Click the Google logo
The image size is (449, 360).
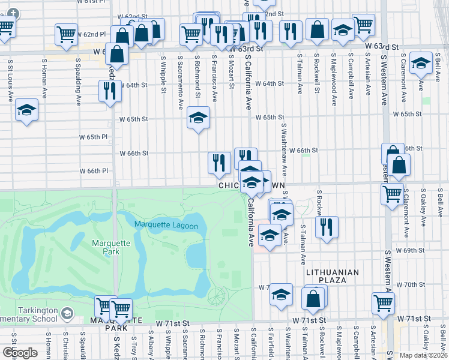tap(20, 353)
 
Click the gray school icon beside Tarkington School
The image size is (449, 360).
tap(67, 313)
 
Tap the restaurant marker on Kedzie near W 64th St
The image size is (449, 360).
tap(110, 91)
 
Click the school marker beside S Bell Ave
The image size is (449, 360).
tap(421, 63)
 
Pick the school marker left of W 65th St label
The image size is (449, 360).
tap(198, 118)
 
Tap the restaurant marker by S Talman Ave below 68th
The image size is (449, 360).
tap(327, 227)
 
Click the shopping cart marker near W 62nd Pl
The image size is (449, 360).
tap(67, 34)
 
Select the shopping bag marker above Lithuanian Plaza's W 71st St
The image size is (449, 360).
tap(313, 298)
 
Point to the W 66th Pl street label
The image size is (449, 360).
tap(94, 170)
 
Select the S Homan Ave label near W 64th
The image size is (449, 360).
tap(44, 78)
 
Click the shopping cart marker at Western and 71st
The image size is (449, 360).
tap(383, 304)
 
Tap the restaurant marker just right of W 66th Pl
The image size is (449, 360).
tap(219, 163)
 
